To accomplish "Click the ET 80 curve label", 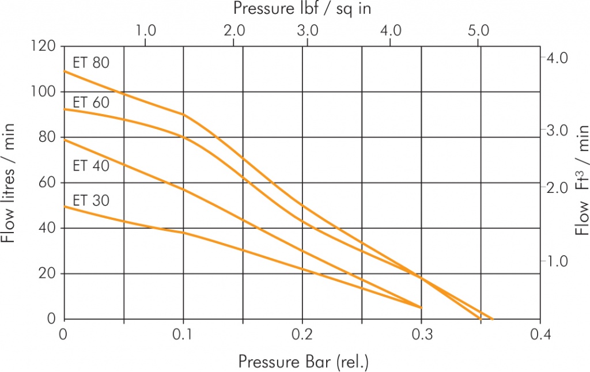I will click(x=91, y=63).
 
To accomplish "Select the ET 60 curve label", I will click(x=91, y=103).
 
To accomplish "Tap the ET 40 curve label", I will click(x=91, y=166).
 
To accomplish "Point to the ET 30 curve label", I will click(x=91, y=201).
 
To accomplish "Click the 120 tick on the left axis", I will click(x=44, y=46).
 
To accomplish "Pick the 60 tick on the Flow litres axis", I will click(x=48, y=183).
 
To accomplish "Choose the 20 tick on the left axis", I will click(x=48, y=274).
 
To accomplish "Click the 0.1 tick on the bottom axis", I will click(x=183, y=333).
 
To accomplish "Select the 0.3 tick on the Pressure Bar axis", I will click(x=422, y=333).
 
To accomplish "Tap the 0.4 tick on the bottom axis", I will click(x=540, y=333).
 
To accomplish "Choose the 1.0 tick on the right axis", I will click(x=557, y=261).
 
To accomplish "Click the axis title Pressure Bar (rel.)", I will click(x=303, y=362).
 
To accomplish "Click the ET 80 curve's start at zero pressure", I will click(x=65, y=71).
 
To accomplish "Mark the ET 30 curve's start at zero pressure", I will click(x=65, y=206).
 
